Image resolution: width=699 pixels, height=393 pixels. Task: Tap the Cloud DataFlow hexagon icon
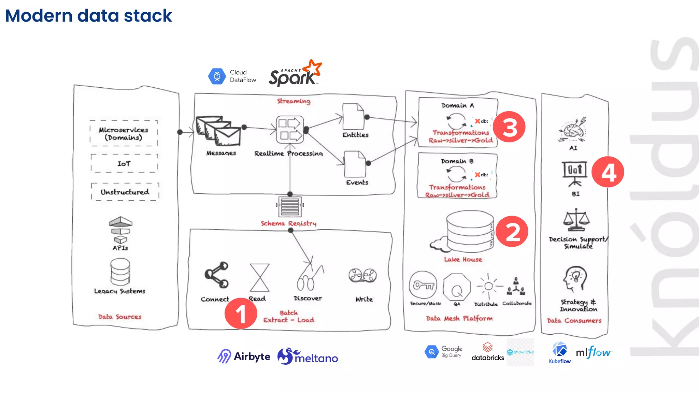click(217, 76)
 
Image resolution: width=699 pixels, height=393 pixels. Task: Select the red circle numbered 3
click(509, 127)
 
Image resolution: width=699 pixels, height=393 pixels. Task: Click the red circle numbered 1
click(241, 314)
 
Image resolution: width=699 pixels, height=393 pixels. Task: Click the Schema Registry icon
click(290, 206)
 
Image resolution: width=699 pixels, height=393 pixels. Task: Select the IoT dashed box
click(124, 163)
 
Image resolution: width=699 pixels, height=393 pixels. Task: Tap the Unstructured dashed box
click(125, 192)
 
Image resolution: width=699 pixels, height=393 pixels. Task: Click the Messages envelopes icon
click(218, 131)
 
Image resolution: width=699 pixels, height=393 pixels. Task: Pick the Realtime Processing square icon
click(290, 130)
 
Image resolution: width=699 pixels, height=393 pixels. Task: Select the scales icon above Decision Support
click(576, 220)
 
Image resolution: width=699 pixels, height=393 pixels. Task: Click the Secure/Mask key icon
click(423, 285)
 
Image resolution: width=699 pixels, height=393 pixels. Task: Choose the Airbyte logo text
click(252, 357)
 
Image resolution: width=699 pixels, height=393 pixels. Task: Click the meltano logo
click(308, 357)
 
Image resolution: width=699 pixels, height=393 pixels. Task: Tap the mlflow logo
click(594, 352)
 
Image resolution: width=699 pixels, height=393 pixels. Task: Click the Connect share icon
click(216, 275)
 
